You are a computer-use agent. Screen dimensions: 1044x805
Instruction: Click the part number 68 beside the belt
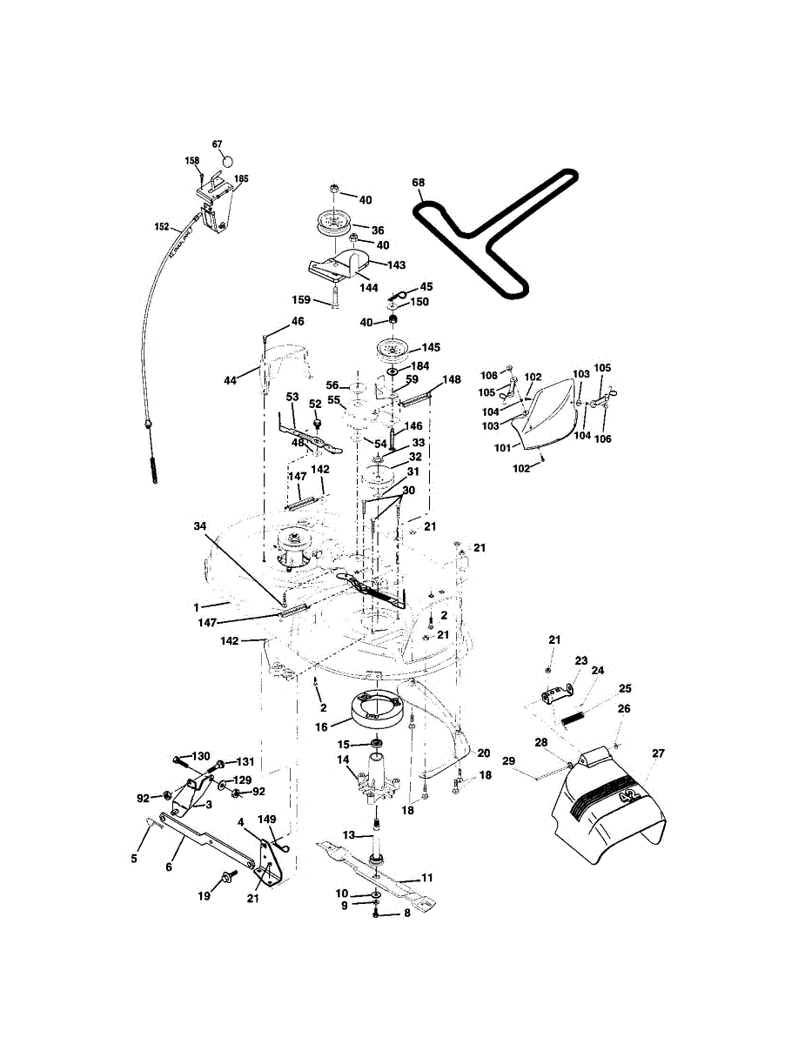(x=419, y=183)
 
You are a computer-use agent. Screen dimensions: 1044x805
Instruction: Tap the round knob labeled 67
(x=227, y=161)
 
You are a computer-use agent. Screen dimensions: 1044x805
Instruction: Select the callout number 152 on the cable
(x=162, y=226)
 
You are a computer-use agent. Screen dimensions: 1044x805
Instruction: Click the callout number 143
(x=397, y=264)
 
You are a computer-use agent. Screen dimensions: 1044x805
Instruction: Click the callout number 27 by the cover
(x=659, y=753)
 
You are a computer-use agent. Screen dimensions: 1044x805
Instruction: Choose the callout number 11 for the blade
(x=427, y=879)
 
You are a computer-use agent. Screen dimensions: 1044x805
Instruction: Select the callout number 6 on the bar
(x=168, y=867)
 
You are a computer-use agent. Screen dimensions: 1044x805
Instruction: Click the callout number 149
(x=267, y=819)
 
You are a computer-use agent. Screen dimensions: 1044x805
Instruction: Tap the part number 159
(x=300, y=299)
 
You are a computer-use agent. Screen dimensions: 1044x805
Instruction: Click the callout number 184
(x=420, y=366)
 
